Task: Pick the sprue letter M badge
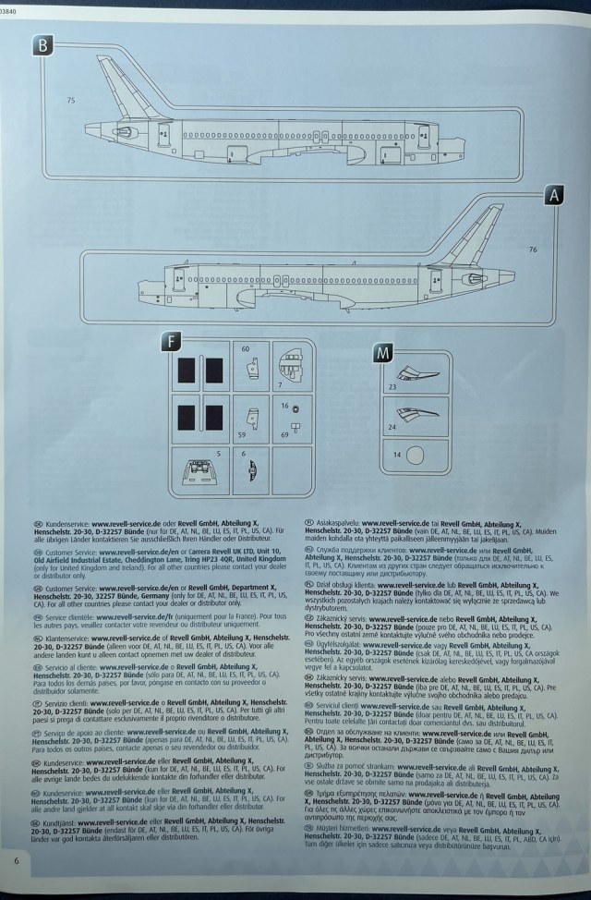tap(382, 351)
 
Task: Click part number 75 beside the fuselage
tap(71, 100)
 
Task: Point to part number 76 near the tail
tap(533, 249)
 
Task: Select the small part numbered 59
tap(250, 418)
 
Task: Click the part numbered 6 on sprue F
tap(250, 473)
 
